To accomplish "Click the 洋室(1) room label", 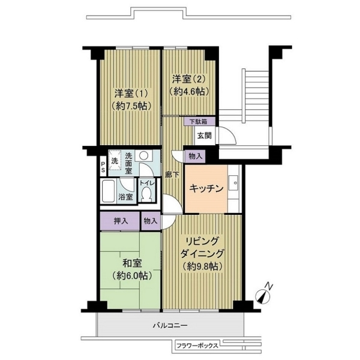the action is [131, 94].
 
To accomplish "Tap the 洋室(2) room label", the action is [189, 79].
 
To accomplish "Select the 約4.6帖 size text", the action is [189, 92].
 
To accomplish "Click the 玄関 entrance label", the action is [205, 136].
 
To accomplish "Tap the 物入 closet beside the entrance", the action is [195, 157].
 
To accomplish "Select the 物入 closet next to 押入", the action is [151, 221].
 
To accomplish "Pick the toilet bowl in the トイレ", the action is [147, 194].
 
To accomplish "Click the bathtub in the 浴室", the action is [109, 191].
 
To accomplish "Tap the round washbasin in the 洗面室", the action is [144, 156].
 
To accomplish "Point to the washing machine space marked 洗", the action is [115, 160].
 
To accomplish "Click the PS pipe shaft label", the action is [103, 167].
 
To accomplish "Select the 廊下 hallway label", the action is [172, 175].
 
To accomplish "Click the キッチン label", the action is [206, 188].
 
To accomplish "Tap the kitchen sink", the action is [234, 182].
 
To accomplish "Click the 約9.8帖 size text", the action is [203, 266].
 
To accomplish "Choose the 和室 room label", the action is [132, 263].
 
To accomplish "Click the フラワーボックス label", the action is [197, 346].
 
